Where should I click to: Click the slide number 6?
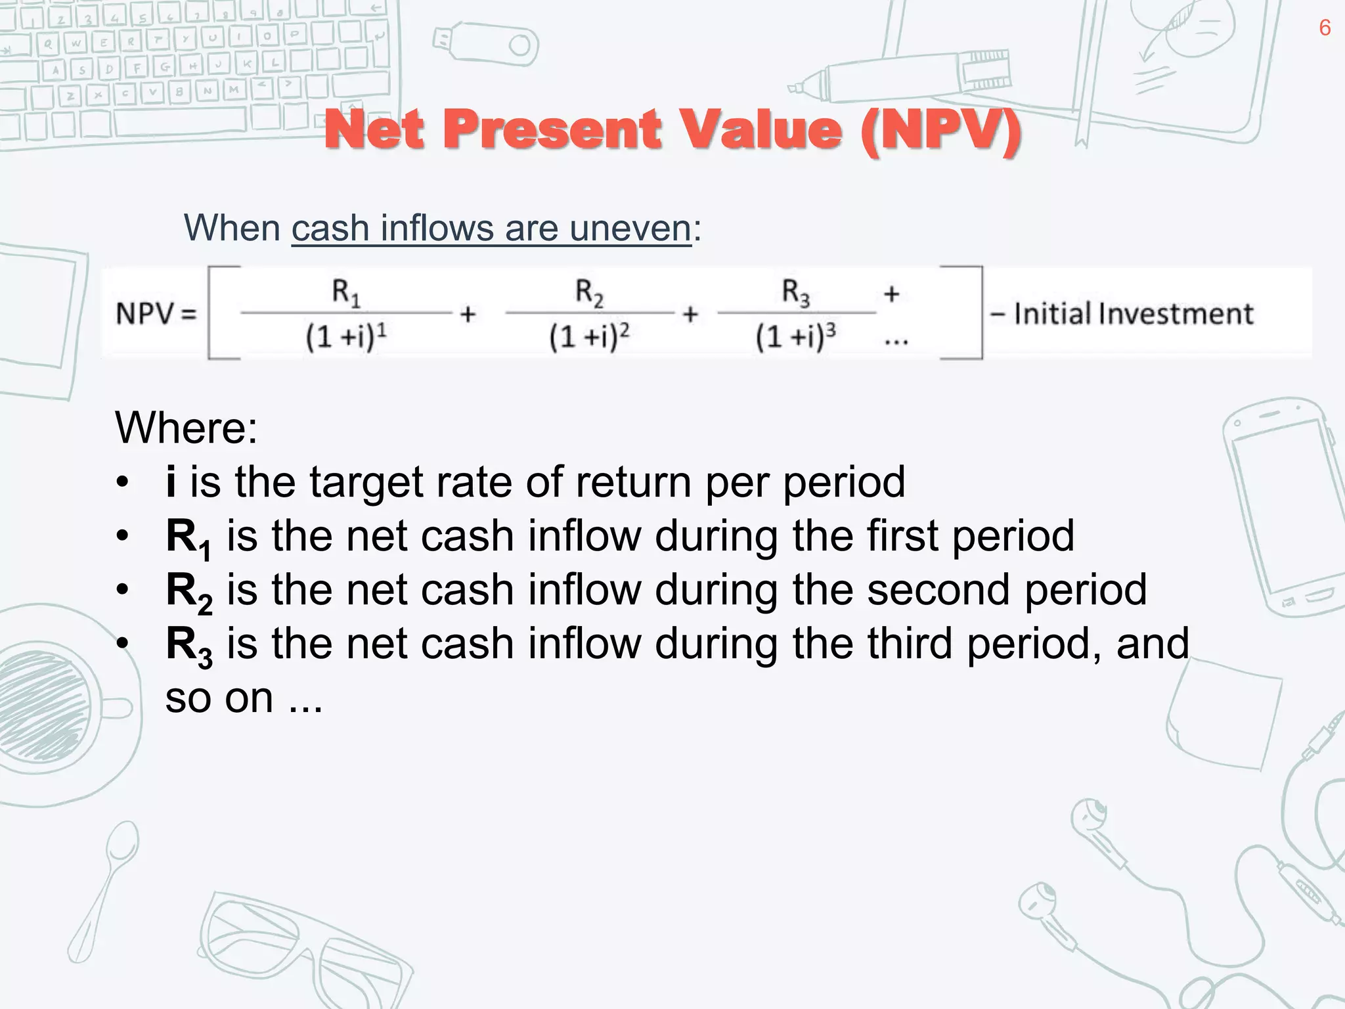click(1325, 28)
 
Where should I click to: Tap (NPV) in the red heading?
click(940, 129)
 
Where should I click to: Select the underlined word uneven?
click(630, 229)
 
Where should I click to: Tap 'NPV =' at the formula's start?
click(156, 314)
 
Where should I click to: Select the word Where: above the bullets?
click(187, 428)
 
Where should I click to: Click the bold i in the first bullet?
click(171, 482)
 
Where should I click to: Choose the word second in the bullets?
click(938, 589)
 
